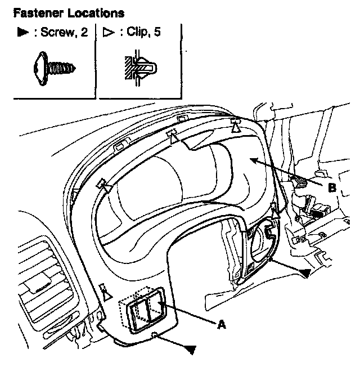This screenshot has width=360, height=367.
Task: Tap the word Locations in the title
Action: pos(91,12)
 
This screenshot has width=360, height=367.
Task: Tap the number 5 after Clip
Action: pos(157,33)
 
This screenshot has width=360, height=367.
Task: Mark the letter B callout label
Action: pos(332,188)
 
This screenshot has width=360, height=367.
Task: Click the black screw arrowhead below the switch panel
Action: pos(192,350)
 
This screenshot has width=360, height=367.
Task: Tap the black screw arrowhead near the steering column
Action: pos(304,272)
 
